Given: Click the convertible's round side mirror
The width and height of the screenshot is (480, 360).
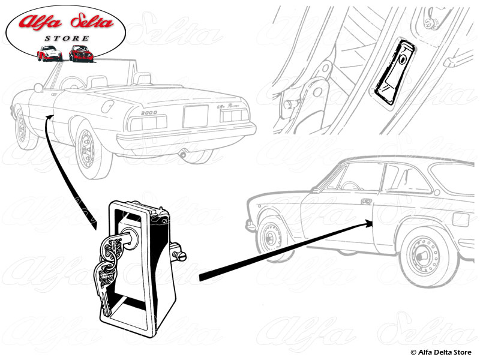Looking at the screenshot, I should point(39,88).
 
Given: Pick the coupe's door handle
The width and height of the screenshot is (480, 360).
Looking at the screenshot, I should point(365,202).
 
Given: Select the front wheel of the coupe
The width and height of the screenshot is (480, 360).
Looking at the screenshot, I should point(271,236).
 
